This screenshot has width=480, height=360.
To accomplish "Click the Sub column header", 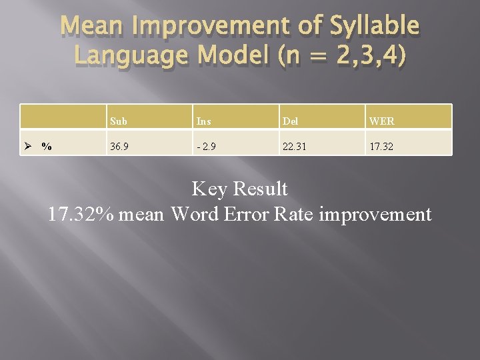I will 119,121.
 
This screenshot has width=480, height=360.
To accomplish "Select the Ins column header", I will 203,121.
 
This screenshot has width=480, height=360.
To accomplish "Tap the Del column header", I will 290,121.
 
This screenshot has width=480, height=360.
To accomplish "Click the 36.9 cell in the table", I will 121,146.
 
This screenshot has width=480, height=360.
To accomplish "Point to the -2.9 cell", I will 205,146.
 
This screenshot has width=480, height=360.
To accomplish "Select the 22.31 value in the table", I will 294,146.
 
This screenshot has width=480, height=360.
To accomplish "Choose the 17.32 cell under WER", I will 381,146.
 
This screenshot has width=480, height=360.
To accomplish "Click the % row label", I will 47,147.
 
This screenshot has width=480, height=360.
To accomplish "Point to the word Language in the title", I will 130,57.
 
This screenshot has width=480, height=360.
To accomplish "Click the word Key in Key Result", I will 209,190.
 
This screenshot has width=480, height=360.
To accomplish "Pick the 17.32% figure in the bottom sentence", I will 79,215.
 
